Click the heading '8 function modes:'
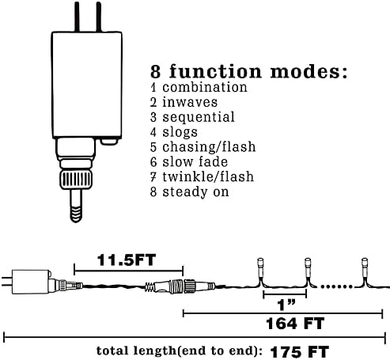coord(248,71)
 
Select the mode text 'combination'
coord(205,88)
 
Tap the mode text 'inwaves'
coord(190,102)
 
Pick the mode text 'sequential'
coord(199,117)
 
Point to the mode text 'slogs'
coord(180,132)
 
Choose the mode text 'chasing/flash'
coord(209,147)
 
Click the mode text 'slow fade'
coord(195,162)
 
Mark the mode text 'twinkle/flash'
coord(208,176)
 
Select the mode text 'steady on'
coord(195,191)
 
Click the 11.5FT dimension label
coord(127,260)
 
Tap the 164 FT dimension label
coord(295,324)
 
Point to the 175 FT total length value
coord(300,352)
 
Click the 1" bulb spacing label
coord(286,305)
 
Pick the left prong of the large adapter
coord(77,17)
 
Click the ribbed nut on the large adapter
coord(76,180)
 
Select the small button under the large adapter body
coord(109,142)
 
